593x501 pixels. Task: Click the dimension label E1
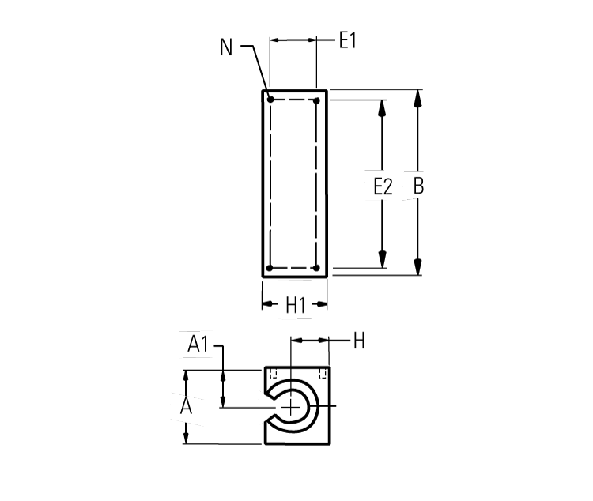coord(348,40)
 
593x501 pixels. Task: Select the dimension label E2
coord(383,187)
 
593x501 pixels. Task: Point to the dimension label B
coord(419,187)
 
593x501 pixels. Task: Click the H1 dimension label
coord(295,305)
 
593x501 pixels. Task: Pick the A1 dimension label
coord(198,344)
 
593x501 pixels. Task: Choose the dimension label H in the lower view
coord(358,341)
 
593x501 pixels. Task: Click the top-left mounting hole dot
coord(270,100)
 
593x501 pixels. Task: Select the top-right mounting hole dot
coord(316,100)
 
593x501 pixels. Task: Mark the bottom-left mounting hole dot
coord(270,268)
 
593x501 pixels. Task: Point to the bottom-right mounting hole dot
coord(316,268)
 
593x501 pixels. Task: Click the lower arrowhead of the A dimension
coord(186,437)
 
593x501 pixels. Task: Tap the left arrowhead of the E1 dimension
coord(276,40)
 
